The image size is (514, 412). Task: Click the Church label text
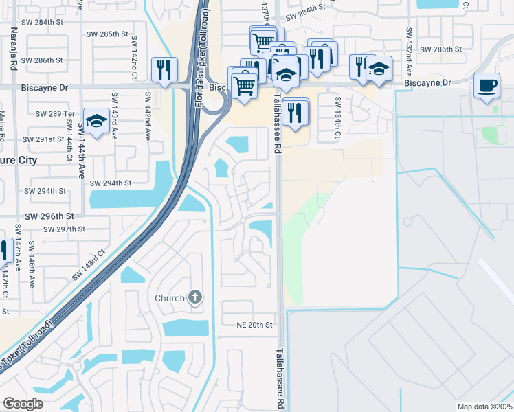[x=170, y=298]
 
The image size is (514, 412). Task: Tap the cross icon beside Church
[x=195, y=297]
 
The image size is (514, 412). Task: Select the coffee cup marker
[x=487, y=86]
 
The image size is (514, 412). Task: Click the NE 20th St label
[x=255, y=324]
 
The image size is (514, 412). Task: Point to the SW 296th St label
[x=49, y=216]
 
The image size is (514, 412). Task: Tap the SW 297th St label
[x=64, y=229]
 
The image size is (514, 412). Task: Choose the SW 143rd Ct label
[x=89, y=264]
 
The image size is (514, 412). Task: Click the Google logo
[x=23, y=403]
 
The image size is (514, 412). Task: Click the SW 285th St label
[x=109, y=34]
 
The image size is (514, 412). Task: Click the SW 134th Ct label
[x=338, y=112]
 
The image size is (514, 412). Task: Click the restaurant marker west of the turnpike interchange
[x=164, y=69]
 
